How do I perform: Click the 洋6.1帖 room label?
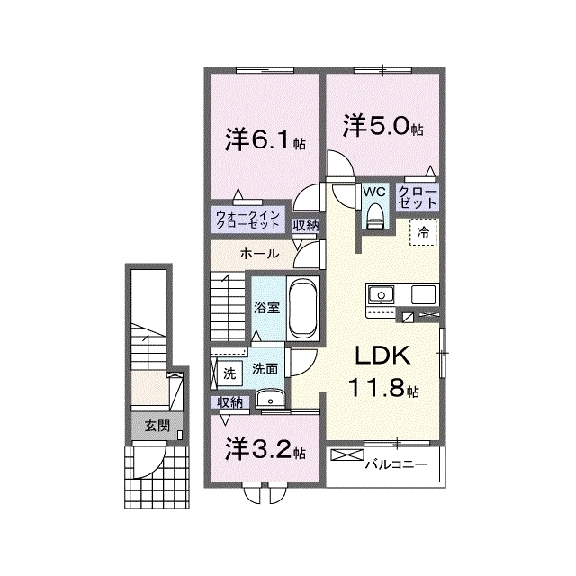(265, 140)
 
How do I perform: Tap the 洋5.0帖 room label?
(382, 126)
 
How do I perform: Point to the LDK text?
(382, 355)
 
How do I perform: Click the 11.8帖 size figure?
(384, 388)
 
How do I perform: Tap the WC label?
(374, 191)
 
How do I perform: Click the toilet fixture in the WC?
(375, 217)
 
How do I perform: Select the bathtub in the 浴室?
(302, 308)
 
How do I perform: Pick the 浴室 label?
(267, 308)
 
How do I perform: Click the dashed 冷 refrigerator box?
(424, 232)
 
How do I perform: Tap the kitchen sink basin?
(382, 295)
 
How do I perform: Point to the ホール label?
(259, 254)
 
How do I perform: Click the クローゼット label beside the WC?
(418, 197)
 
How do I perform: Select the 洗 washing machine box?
(229, 374)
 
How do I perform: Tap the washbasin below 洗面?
(270, 399)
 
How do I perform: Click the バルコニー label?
(397, 464)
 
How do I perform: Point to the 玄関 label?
(157, 426)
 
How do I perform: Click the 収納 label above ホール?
(306, 226)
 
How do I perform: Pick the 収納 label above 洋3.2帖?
(230, 402)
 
